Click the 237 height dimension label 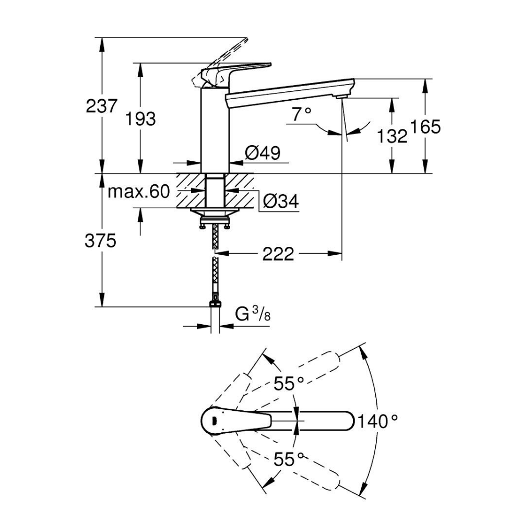[102, 106]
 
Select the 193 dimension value [141, 119]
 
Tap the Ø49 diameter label [263, 152]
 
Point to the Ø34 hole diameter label [281, 201]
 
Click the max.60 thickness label [139, 192]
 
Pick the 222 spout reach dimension [279, 254]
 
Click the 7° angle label [301, 113]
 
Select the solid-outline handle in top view [235, 420]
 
